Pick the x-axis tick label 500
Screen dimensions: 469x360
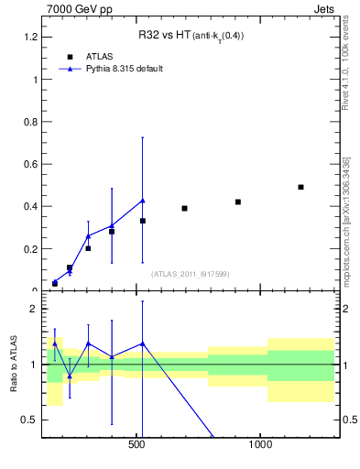coord(137,444)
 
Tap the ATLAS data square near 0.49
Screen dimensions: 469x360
coord(300,187)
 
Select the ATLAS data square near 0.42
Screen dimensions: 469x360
coord(238,202)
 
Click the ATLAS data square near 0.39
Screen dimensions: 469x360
coord(184,208)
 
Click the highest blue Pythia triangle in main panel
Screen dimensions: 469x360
coord(142,201)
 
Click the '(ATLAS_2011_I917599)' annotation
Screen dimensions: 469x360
coord(190,274)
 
